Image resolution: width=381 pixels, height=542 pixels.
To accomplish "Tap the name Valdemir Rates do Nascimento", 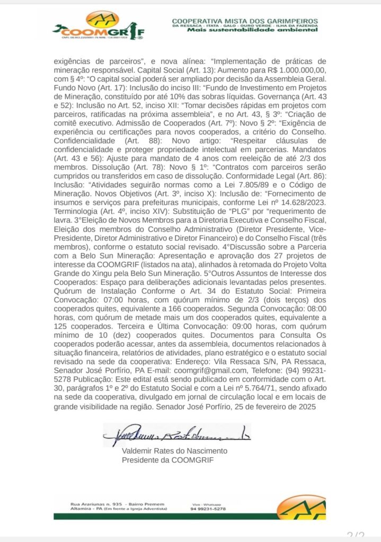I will click(x=174, y=451).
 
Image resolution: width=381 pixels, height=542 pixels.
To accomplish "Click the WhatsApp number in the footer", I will click(x=208, y=509).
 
